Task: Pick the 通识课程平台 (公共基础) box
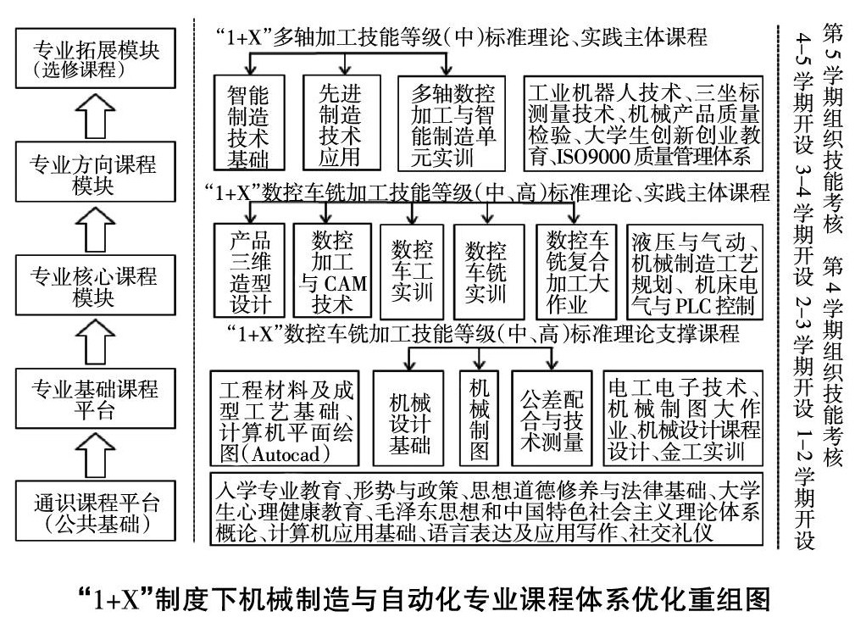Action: click(95, 513)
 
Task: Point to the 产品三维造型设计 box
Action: click(249, 270)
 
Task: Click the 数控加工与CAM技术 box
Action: click(333, 270)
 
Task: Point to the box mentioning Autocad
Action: click(288, 419)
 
